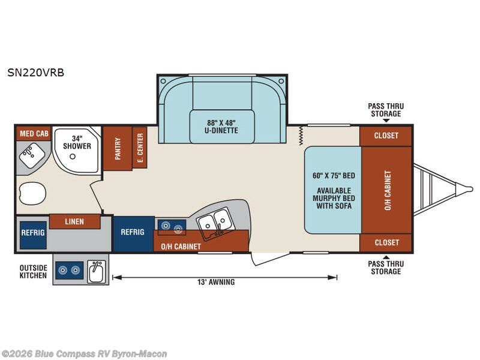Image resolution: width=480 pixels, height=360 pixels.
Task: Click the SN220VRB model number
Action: pyautogui.click(x=36, y=73)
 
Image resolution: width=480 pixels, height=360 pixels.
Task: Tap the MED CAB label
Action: pyautogui.click(x=34, y=134)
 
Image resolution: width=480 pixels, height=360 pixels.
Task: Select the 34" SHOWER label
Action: pyautogui.click(x=77, y=142)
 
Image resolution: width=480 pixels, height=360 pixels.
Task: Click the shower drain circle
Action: pyautogui.click(x=73, y=157)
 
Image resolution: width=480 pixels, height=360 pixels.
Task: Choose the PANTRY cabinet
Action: pyautogui.click(x=118, y=148)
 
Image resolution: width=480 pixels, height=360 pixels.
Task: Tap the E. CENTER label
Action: pyautogui.click(x=140, y=148)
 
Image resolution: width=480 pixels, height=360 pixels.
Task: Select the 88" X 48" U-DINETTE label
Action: pyautogui.click(x=221, y=127)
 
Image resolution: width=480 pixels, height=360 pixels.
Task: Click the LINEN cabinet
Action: pyautogui.click(x=74, y=221)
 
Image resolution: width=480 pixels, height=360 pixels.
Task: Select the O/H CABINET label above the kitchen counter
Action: pyautogui.click(x=181, y=247)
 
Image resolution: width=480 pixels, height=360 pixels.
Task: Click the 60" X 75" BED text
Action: pyautogui.click(x=334, y=176)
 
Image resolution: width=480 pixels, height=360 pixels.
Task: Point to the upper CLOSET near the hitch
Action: pyautogui.click(x=386, y=136)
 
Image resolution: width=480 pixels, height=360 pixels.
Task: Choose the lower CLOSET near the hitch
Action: pyautogui.click(x=386, y=243)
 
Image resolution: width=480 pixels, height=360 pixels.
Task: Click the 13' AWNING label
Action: pyautogui.click(x=216, y=282)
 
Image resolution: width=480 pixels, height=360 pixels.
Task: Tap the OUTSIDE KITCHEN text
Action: pyautogui.click(x=34, y=272)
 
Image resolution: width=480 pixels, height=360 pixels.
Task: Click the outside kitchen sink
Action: pyautogui.click(x=97, y=271)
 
